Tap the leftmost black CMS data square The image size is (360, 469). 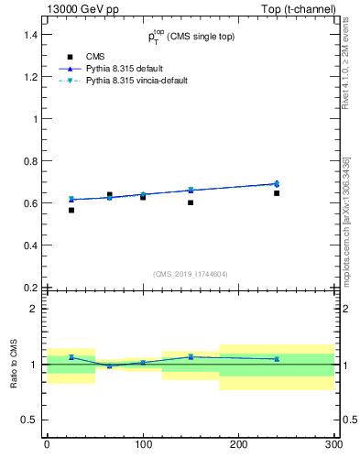point(71,210)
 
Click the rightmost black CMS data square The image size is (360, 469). point(277,193)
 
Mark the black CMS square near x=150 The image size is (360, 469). point(191,202)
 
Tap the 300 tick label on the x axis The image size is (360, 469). point(333,446)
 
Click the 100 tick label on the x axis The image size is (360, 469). point(143,446)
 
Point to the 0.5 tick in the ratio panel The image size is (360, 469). point(29,420)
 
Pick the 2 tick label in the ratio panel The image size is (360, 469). point(34,310)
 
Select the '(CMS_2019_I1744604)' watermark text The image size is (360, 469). point(190,273)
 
